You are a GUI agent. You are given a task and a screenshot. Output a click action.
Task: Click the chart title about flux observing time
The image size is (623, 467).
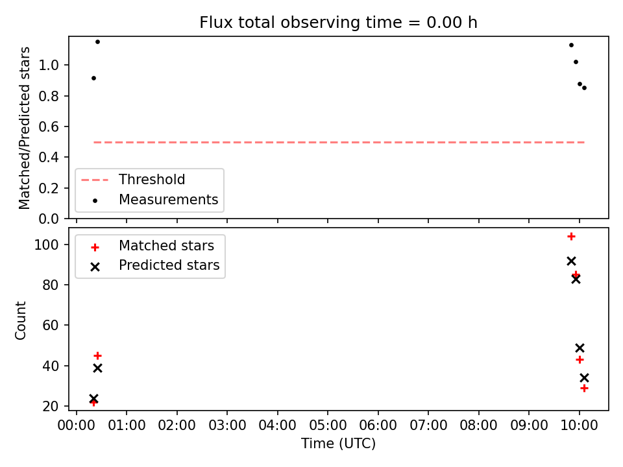tap(338, 23)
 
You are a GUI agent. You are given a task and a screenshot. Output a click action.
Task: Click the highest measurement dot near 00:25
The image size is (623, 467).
tap(97, 42)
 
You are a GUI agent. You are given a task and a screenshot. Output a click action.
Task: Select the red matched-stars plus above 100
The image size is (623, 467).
tap(571, 237)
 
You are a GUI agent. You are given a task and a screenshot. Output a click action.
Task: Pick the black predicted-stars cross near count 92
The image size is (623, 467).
tap(571, 261)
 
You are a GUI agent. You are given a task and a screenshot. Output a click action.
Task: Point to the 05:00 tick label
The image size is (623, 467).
tap(328, 425)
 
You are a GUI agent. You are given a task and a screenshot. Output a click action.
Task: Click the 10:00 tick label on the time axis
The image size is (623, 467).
tap(579, 425)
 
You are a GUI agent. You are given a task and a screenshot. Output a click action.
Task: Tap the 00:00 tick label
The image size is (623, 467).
tap(77, 425)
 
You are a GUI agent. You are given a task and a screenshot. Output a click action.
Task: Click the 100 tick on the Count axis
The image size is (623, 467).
tap(46, 245)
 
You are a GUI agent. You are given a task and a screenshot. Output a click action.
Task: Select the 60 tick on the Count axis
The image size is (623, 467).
tap(51, 325)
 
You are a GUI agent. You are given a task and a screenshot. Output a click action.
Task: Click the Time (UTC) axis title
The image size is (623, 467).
tap(338, 444)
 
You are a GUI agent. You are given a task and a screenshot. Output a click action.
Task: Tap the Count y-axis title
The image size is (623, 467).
tap(20, 320)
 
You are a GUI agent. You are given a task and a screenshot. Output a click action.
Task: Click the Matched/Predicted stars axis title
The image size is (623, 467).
tap(24, 128)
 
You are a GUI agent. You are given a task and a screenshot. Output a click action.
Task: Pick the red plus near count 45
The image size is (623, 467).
tap(97, 356)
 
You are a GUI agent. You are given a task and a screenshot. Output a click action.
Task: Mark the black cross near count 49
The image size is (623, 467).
tap(580, 348)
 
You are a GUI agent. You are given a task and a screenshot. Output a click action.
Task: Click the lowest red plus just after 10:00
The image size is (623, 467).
tap(584, 389)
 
